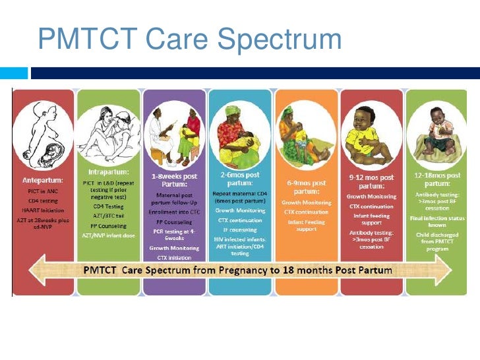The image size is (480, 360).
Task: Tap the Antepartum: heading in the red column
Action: coord(41,180)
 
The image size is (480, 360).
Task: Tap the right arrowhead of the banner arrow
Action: coord(448,270)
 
